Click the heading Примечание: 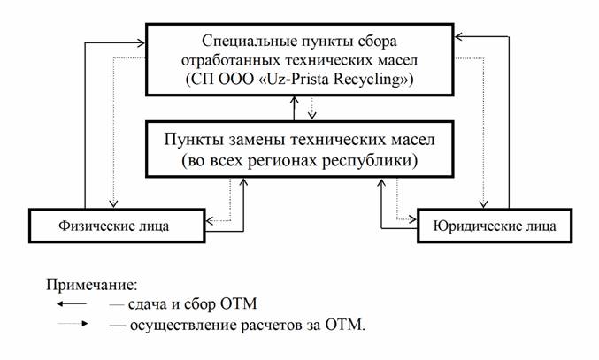click(x=92, y=285)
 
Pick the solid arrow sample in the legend click(x=72, y=304)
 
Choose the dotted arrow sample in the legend click(x=73, y=324)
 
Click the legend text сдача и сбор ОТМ click(x=193, y=304)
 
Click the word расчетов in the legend click(x=271, y=326)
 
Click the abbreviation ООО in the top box click(x=236, y=80)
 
